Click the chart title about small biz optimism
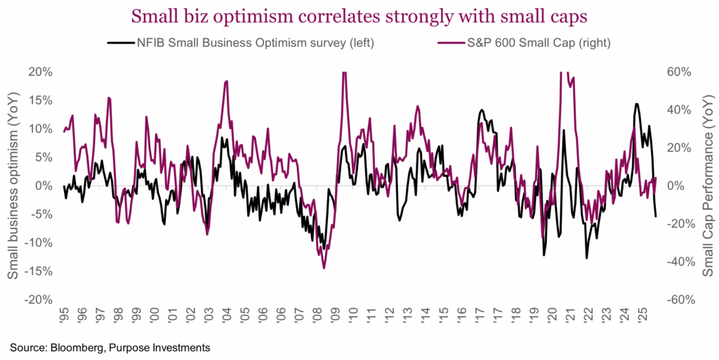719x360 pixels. coord(359,15)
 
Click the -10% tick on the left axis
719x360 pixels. coord(41,242)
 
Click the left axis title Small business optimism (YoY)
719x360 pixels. coord(14,185)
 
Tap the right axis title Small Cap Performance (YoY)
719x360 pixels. coord(708,185)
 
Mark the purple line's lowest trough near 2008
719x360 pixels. coord(324,268)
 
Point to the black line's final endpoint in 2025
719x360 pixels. coord(656,216)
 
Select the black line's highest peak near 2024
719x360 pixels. coord(636,104)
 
